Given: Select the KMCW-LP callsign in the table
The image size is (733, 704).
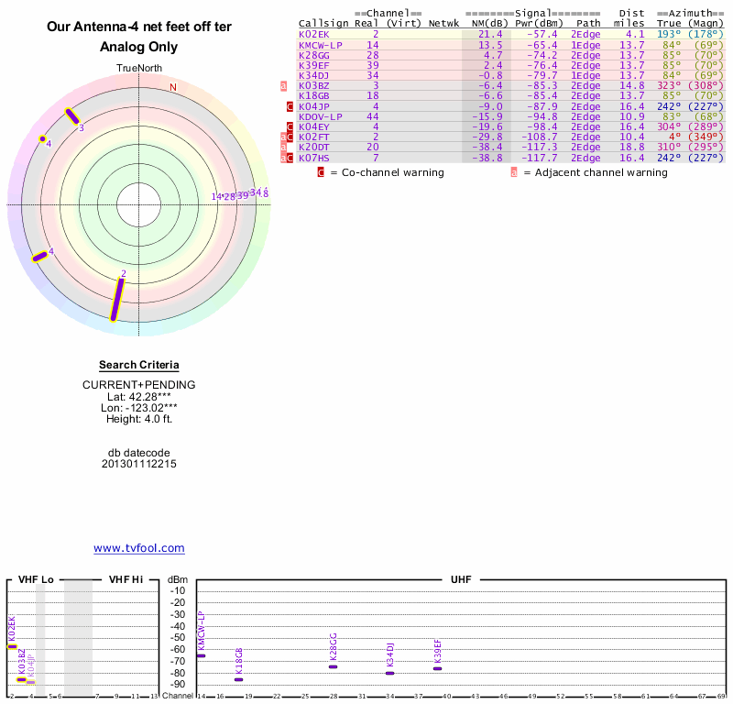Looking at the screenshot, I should (x=321, y=45).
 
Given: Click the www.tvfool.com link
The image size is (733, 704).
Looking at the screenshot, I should (x=139, y=548).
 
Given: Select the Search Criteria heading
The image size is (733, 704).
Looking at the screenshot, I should (x=139, y=365).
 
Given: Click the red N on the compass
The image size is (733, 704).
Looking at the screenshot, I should (x=172, y=88).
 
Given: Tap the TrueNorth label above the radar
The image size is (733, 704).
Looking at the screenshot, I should (x=139, y=69).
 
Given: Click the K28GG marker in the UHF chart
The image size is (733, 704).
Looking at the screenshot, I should (x=334, y=666).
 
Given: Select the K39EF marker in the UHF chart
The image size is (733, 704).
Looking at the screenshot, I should (x=438, y=668).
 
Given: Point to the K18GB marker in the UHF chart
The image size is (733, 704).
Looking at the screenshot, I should (x=239, y=679).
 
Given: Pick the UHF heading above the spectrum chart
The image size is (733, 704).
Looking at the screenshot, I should (x=460, y=580).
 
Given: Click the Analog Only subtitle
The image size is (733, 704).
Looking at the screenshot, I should (x=139, y=47).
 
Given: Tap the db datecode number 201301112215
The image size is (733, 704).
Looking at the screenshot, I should (x=139, y=464).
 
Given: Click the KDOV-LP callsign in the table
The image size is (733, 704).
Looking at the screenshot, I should (x=321, y=116).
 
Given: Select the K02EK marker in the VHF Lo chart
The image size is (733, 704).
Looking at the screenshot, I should (x=12, y=646).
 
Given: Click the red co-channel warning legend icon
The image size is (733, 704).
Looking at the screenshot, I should (x=321, y=172).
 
